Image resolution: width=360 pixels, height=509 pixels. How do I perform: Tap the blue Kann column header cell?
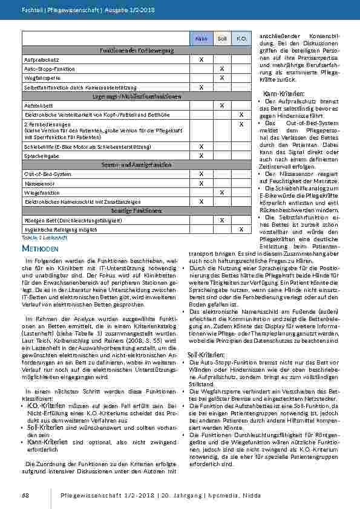(x=201, y=39)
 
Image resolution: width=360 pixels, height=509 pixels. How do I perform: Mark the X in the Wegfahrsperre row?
(x=222, y=78)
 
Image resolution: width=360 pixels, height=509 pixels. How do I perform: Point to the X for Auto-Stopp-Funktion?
(x=222, y=69)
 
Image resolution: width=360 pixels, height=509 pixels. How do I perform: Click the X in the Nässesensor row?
(x=201, y=183)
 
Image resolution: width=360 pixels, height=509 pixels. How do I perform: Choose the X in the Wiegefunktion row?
(x=222, y=192)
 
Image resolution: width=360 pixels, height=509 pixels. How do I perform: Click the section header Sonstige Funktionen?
(x=137, y=210)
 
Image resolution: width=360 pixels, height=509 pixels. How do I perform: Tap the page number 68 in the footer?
(x=25, y=495)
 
